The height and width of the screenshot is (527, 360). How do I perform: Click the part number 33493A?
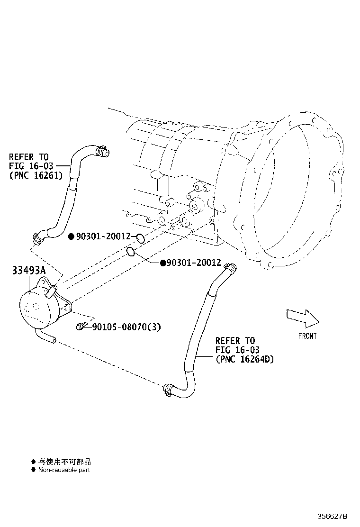point(29,272)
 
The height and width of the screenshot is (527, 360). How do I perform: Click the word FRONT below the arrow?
point(307,336)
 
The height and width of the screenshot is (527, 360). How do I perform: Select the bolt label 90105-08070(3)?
point(126,327)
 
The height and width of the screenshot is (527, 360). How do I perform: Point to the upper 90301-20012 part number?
point(103,236)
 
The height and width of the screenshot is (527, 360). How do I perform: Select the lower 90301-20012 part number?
point(193,263)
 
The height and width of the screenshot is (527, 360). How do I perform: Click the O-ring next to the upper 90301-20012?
point(140,237)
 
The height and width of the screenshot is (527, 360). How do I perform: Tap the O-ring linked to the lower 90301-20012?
point(132,252)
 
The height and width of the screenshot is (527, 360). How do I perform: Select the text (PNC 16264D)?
point(244,359)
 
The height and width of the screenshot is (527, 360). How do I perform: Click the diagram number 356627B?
point(333,516)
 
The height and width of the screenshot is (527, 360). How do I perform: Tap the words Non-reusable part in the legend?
point(64,470)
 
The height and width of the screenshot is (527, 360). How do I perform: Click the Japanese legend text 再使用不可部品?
point(64,461)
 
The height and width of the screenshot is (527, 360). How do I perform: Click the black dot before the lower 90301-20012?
point(162,263)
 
